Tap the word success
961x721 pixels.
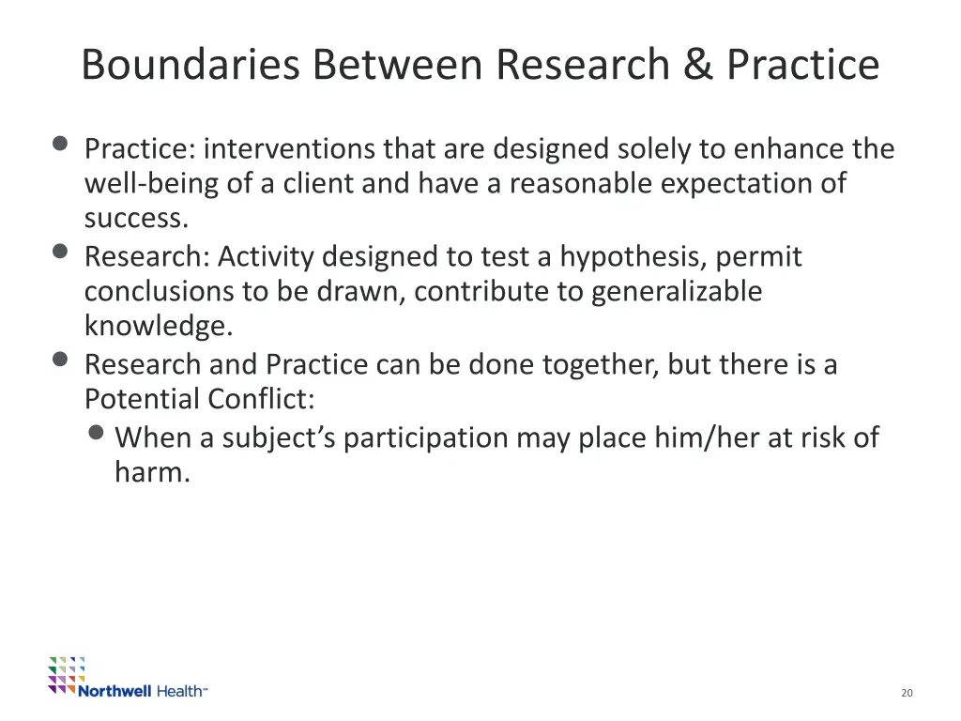136,218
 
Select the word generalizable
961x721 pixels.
676,291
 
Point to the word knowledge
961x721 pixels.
158,326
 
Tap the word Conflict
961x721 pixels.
261,399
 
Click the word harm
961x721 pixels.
152,472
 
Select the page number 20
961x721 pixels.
906,693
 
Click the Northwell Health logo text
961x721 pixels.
142,691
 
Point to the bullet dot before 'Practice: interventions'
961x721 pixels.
61,144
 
